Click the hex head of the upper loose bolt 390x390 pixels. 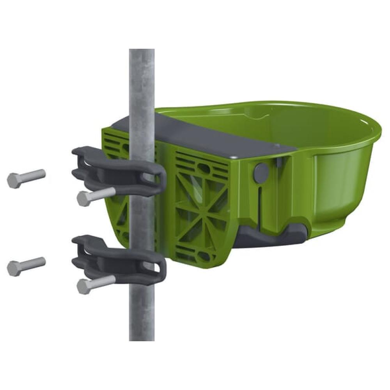pyautogui.click(x=14, y=181)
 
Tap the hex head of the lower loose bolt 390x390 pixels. pyautogui.click(x=14, y=268)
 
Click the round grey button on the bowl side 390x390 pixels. pyautogui.click(x=261, y=172)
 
